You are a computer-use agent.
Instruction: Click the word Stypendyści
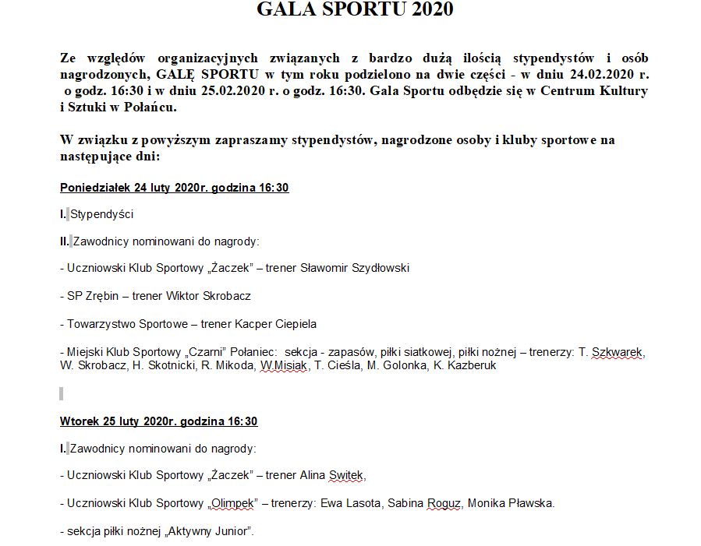click(x=102, y=214)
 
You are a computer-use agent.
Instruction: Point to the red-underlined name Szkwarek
click(x=618, y=352)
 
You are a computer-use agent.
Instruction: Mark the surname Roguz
click(x=444, y=503)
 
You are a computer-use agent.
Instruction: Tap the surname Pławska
click(x=532, y=503)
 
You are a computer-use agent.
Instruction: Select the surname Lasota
click(x=363, y=503)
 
